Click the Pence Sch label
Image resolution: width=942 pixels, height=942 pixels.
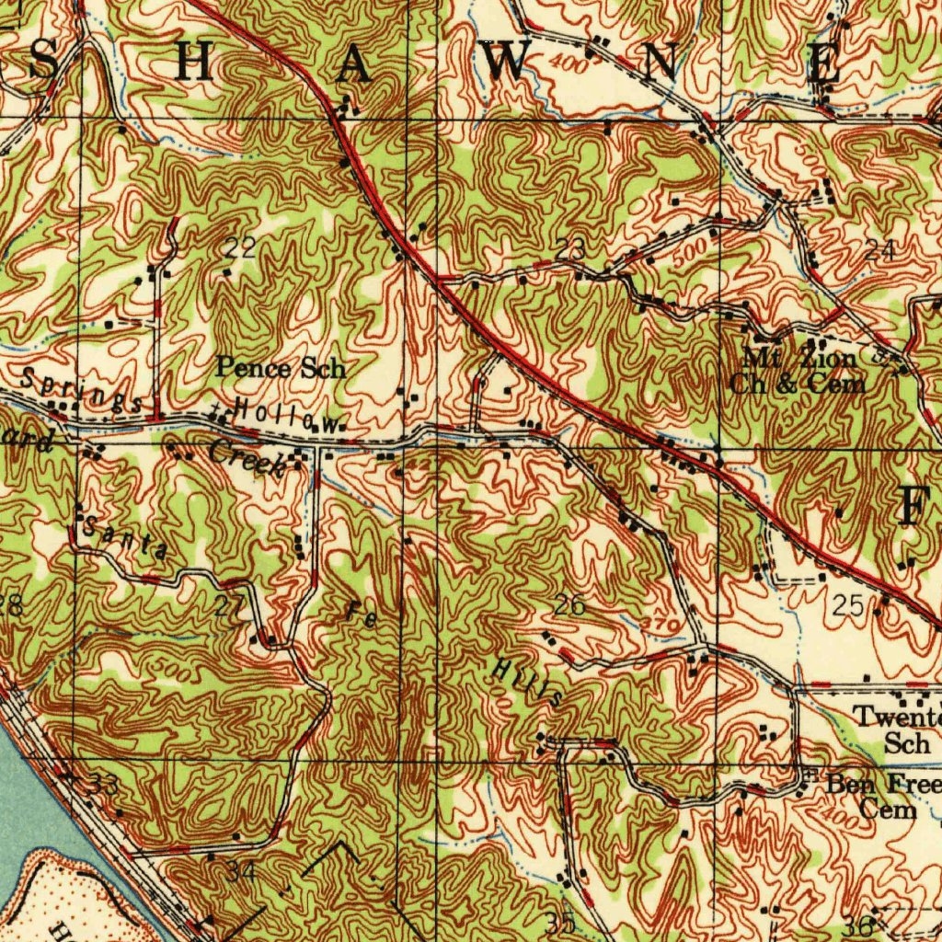point(281,369)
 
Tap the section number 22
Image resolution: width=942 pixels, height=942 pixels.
point(240,247)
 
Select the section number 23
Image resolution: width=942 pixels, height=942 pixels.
point(570,247)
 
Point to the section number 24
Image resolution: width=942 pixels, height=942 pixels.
point(879,249)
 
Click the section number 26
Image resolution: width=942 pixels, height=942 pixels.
point(569,605)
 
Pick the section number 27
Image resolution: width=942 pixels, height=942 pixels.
point(230,605)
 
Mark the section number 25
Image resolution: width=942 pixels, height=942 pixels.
point(846,605)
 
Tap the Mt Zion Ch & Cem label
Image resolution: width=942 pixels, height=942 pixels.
point(798,371)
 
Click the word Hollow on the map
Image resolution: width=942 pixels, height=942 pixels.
point(285,416)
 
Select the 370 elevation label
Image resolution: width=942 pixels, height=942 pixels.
point(662,625)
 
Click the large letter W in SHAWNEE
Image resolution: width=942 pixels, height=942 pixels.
point(509,63)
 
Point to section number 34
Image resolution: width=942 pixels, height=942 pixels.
point(241,870)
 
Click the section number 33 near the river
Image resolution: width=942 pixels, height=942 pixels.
point(104,787)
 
